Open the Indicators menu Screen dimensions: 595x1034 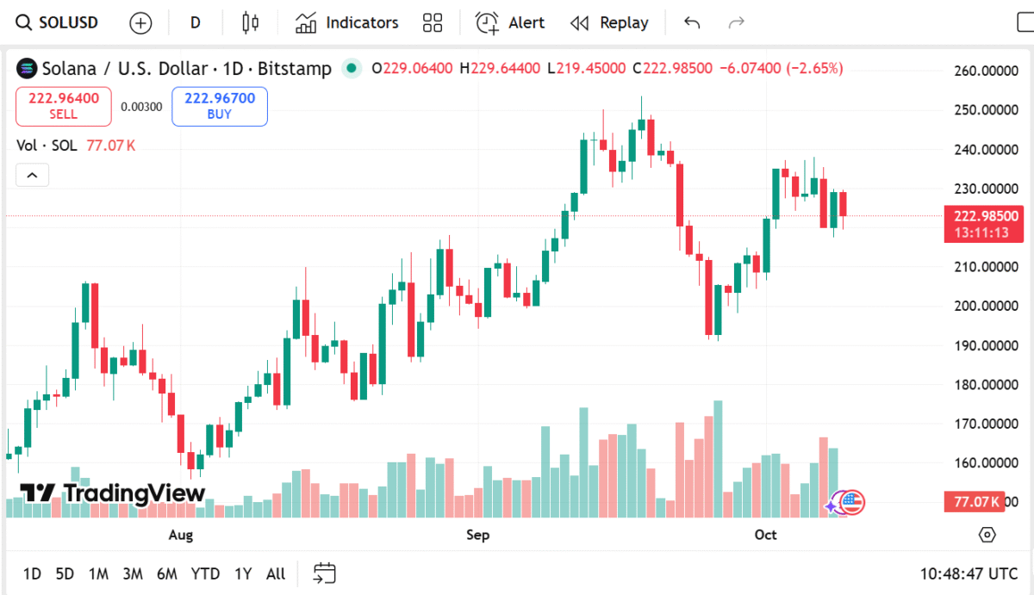(x=347, y=22)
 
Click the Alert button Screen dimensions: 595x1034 (x=511, y=22)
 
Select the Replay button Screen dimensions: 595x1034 (x=610, y=22)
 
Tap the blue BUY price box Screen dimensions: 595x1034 (x=220, y=106)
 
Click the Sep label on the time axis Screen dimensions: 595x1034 (x=477, y=535)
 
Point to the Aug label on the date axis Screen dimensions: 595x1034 (x=181, y=535)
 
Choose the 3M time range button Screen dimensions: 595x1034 (x=132, y=573)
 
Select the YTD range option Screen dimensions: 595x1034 (x=205, y=573)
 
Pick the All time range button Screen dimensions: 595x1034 (x=276, y=573)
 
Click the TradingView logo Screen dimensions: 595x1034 (x=112, y=493)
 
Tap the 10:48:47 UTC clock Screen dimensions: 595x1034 (x=969, y=573)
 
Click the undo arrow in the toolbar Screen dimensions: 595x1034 (x=692, y=22)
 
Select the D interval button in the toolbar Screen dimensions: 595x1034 (x=196, y=22)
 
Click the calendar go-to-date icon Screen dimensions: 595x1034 (x=325, y=573)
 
